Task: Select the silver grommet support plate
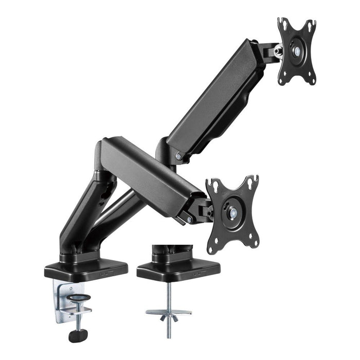click(x=168, y=311)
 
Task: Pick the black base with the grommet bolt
click(x=178, y=269)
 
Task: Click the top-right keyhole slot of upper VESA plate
click(x=311, y=25)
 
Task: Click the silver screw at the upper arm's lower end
click(x=178, y=156)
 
